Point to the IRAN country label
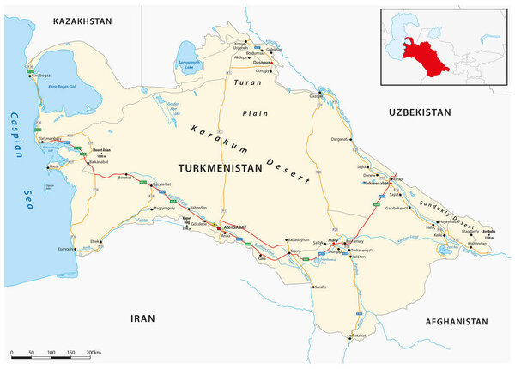click(142, 318)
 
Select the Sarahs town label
click(320, 287)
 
